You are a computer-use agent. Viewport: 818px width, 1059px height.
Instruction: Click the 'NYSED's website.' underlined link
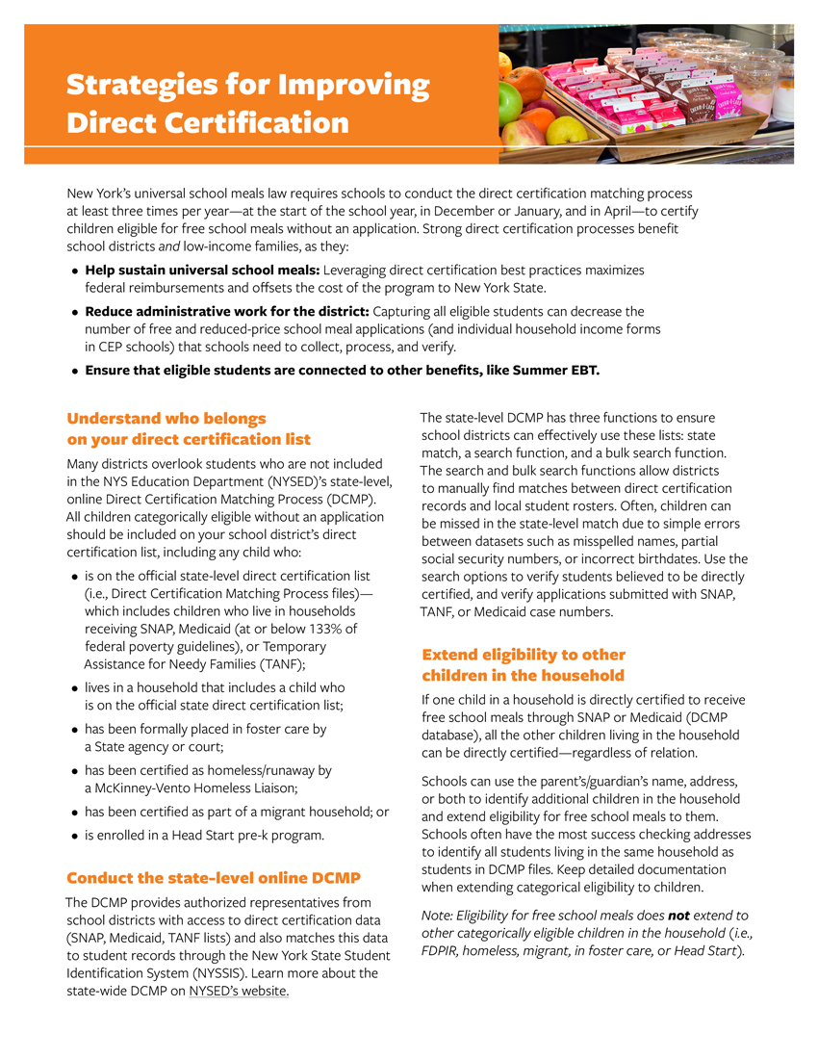[x=239, y=991]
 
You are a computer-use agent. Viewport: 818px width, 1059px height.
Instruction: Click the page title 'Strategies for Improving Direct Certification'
[x=247, y=104]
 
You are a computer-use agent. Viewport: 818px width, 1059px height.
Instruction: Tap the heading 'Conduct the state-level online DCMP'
[x=213, y=878]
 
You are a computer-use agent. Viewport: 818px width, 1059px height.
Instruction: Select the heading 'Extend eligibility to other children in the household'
[x=524, y=665]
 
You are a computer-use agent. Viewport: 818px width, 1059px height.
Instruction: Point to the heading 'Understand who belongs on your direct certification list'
[x=189, y=428]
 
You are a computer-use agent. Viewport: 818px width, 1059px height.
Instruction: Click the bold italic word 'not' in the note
[x=679, y=916]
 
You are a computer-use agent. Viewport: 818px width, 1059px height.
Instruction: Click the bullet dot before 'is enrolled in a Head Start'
[x=74, y=836]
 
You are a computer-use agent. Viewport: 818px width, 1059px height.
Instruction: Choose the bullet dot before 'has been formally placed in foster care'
[x=74, y=730]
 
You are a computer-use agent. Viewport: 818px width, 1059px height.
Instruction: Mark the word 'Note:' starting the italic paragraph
[x=438, y=916]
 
